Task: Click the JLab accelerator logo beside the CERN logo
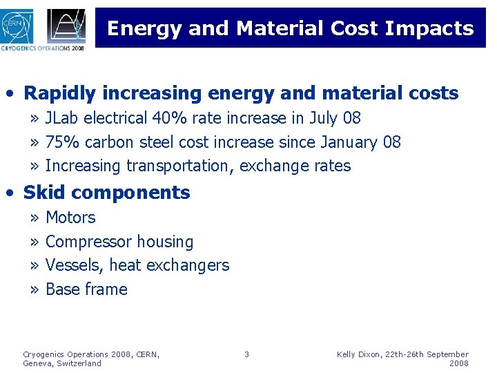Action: [x=66, y=26]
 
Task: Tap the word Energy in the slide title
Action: [x=145, y=28]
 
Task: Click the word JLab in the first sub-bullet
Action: [x=61, y=119]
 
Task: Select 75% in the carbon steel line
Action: [x=61, y=143]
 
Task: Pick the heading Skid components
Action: [x=106, y=193]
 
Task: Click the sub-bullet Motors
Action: [x=70, y=218]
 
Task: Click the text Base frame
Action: [x=86, y=289]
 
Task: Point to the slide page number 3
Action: [x=246, y=354]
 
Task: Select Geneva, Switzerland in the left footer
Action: [x=62, y=363]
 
